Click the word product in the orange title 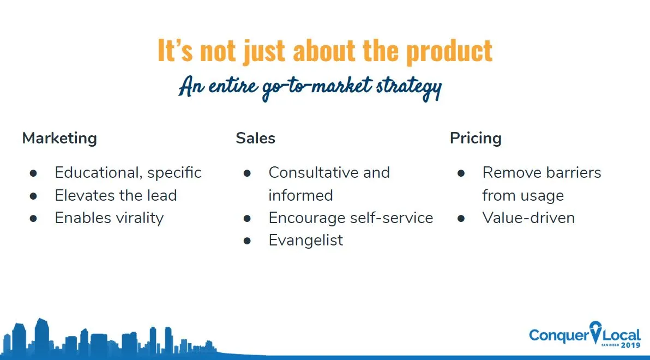pos(449,51)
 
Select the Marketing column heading pos(59,139)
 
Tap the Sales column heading pos(255,139)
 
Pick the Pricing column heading pos(476,139)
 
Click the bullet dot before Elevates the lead pos(33,196)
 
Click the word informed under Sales pos(300,195)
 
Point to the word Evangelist pos(306,241)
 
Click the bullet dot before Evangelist pos(247,241)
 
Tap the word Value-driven pos(528,218)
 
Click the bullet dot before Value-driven pos(461,218)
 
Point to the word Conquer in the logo pos(559,335)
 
